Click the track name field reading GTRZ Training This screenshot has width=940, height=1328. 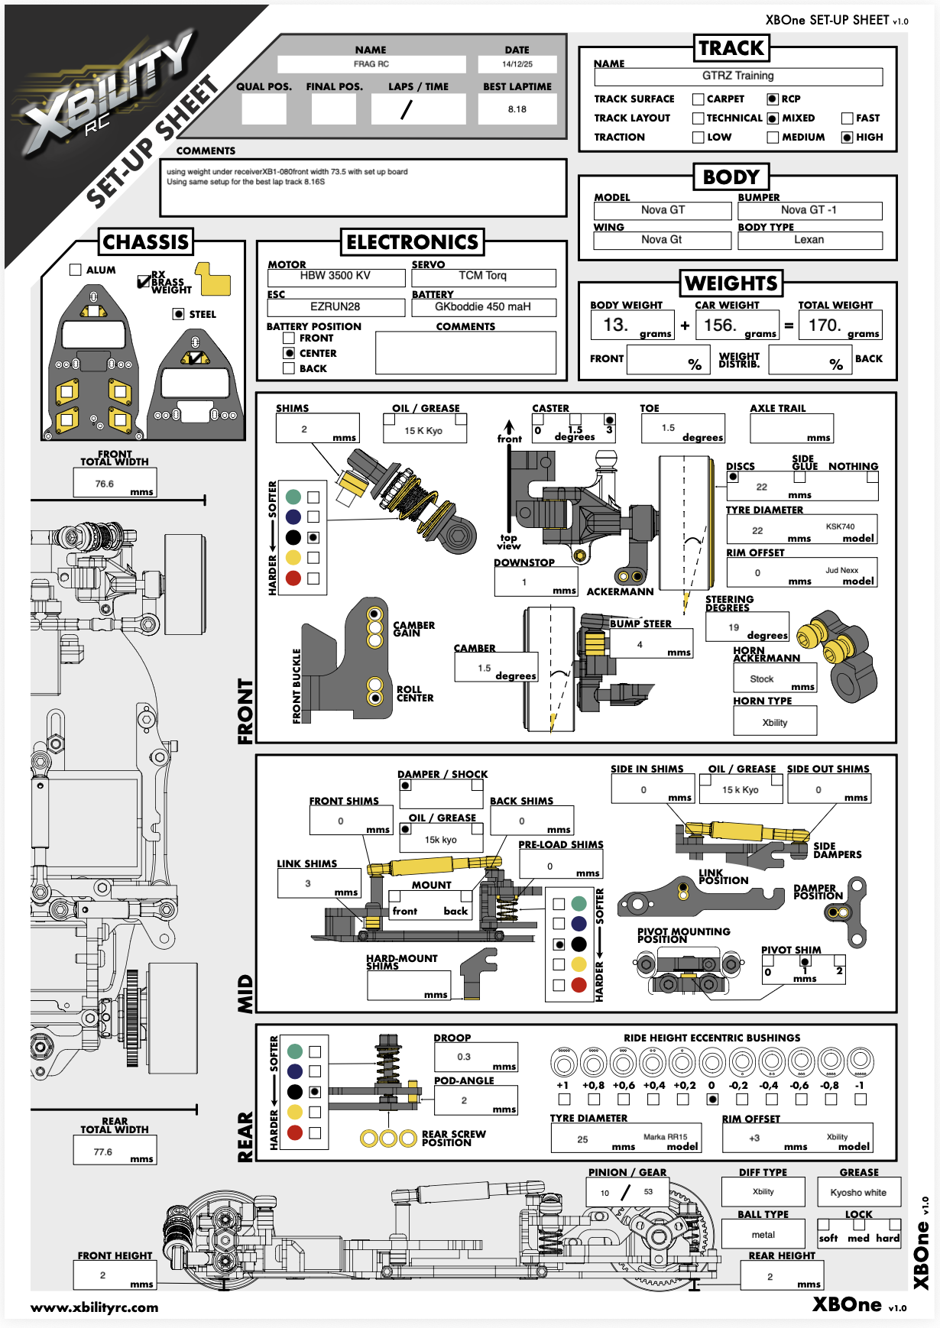[x=737, y=76]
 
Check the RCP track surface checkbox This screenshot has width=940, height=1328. [x=773, y=99]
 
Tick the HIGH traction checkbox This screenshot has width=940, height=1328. [x=847, y=138]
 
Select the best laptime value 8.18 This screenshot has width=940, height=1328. [x=517, y=109]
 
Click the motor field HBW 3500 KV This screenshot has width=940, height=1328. [x=335, y=276]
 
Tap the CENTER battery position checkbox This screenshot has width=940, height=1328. [x=289, y=353]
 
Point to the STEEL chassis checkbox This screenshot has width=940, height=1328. [x=178, y=314]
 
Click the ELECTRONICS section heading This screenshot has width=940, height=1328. [x=412, y=242]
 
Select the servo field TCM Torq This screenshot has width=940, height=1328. [x=483, y=276]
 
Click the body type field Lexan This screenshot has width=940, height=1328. [x=809, y=240]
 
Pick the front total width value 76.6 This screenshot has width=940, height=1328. [x=105, y=484]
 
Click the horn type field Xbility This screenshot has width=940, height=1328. [x=774, y=722]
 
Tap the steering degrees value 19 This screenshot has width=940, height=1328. [x=734, y=627]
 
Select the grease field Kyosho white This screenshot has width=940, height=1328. [x=858, y=1193]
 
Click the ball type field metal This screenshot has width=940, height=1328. [x=763, y=1235]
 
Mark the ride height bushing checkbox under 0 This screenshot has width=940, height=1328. [x=712, y=1100]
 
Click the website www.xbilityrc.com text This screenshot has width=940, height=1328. [x=95, y=1307]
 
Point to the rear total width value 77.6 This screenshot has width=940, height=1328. [x=103, y=1151]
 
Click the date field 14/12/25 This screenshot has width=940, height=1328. [x=517, y=64]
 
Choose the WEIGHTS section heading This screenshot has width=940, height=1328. [x=731, y=283]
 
